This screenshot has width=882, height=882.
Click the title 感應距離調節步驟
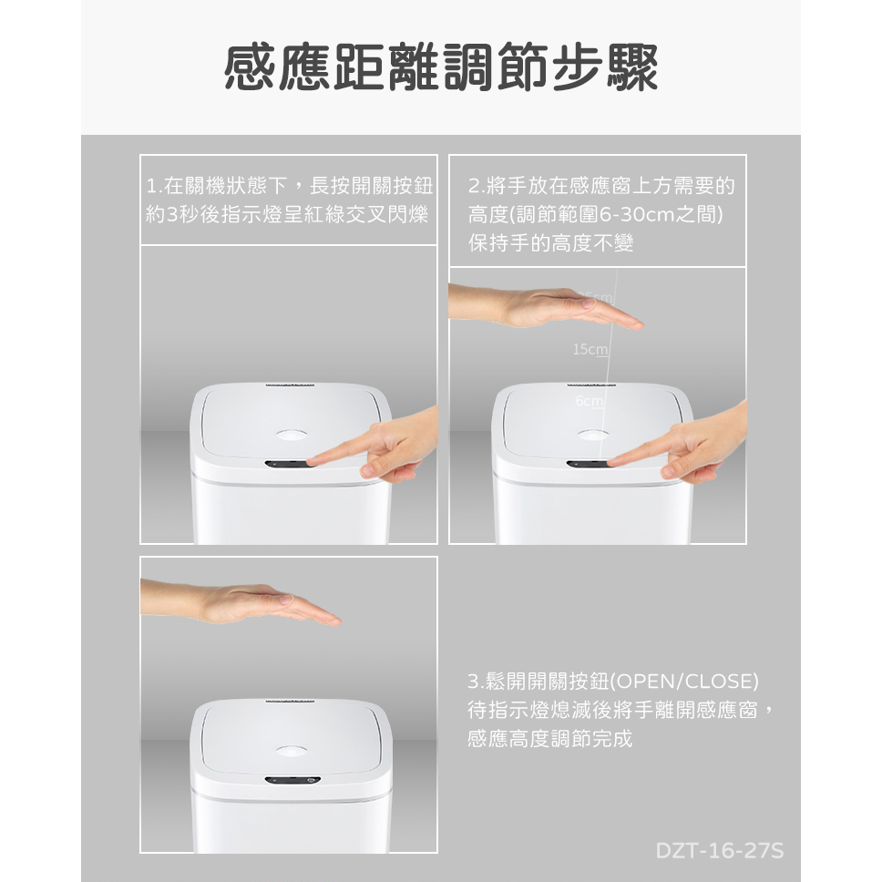[441, 69]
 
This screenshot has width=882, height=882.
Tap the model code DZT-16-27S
[719, 851]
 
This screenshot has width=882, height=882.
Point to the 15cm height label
[590, 350]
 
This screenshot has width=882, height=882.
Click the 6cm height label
[588, 402]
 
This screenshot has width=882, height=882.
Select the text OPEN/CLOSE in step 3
[683, 682]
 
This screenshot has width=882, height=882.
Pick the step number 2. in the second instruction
[477, 187]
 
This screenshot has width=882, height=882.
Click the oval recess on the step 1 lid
[291, 435]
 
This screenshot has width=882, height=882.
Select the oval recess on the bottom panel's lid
[291, 751]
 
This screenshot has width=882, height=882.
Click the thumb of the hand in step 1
[374, 469]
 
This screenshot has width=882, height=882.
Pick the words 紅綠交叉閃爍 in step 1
[364, 215]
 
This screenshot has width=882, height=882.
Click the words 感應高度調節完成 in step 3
[549, 738]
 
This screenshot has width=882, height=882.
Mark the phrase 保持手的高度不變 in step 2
[550, 243]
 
